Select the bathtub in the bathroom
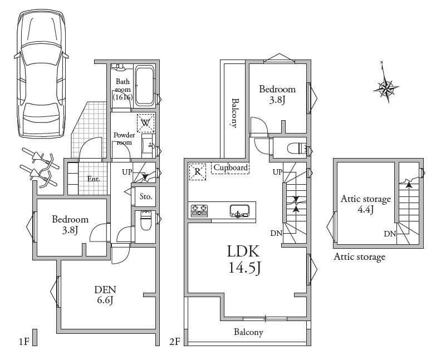[145, 86]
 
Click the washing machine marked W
[146, 123]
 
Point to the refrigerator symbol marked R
[198, 171]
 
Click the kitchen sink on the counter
[239, 211]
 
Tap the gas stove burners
[199, 210]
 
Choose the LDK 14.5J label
[243, 259]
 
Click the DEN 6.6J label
[105, 295]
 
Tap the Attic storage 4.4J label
[366, 204]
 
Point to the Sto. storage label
[146, 196]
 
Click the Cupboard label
[231, 168]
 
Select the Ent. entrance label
[94, 179]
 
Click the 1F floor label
[24, 342]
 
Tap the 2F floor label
[174, 342]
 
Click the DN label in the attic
[390, 234]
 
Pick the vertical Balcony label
[234, 113]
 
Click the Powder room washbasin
[149, 146]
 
